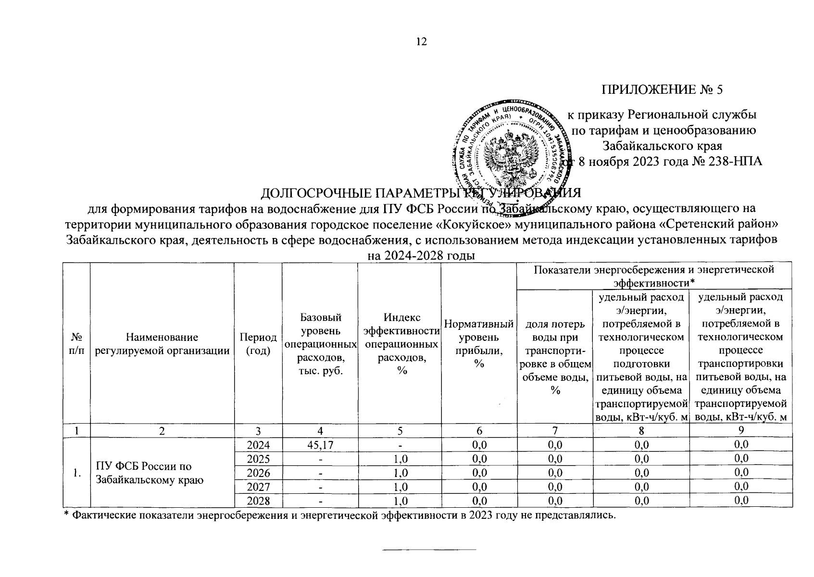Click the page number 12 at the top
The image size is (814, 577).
click(421, 42)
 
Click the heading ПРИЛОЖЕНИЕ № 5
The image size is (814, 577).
click(662, 89)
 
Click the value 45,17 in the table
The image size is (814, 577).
click(320, 445)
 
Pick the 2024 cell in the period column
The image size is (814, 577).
click(258, 445)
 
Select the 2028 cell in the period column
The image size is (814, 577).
click(258, 501)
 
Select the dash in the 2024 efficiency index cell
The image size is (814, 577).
click(400, 445)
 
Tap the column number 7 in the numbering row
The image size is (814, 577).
click(555, 430)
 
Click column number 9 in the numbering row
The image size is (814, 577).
click(741, 430)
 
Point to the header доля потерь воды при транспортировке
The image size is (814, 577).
click(555, 357)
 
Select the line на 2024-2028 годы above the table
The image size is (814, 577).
click(421, 256)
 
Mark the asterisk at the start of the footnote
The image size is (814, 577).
click(67, 514)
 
